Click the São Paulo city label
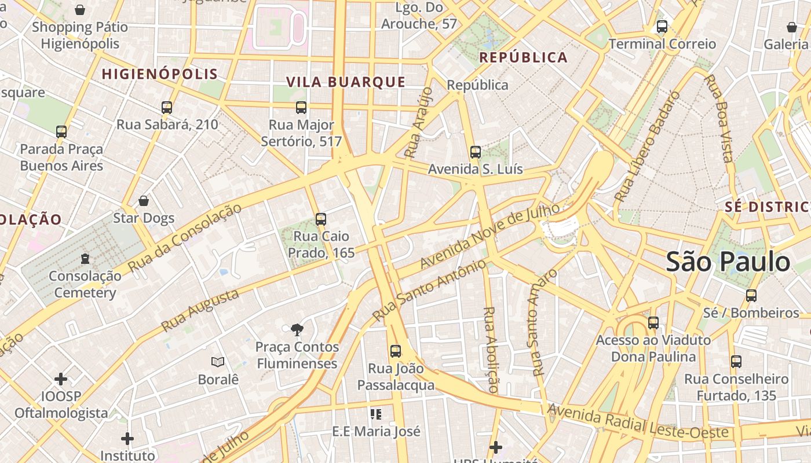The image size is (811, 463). (x=728, y=262)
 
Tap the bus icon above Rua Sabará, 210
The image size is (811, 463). (x=167, y=107)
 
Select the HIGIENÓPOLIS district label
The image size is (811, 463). (x=160, y=74)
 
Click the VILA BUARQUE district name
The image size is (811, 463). (x=346, y=82)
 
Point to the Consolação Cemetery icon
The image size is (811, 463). (x=85, y=258)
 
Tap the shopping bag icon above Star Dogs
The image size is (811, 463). (x=144, y=201)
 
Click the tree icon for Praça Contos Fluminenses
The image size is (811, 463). (x=297, y=330)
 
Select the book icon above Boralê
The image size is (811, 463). (x=218, y=362)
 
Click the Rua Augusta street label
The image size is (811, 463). (x=200, y=311)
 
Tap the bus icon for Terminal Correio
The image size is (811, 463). (x=662, y=27)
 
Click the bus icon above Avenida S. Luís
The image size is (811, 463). (x=475, y=152)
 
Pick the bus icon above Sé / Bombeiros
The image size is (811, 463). (x=751, y=295)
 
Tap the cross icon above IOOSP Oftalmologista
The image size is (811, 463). (x=61, y=379)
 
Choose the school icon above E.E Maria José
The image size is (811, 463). (x=376, y=414)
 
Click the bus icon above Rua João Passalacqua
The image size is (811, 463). (x=396, y=351)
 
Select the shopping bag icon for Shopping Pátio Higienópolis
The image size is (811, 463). (x=80, y=10)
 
